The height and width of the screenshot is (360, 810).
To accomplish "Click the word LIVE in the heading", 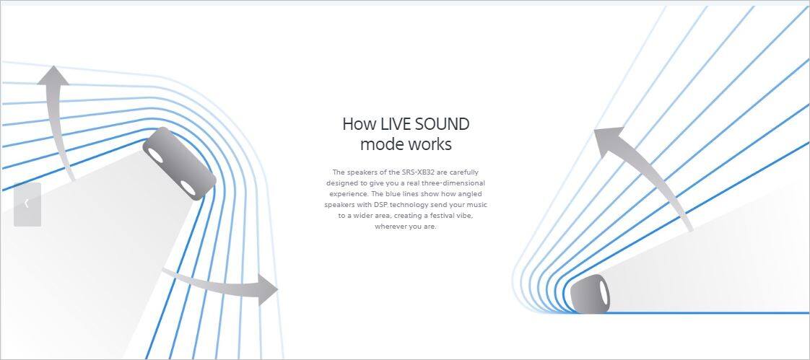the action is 393,125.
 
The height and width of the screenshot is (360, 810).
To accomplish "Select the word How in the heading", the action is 359,125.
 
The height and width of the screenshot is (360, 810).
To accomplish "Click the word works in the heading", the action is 430,144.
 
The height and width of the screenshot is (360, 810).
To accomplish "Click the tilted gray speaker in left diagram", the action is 179,163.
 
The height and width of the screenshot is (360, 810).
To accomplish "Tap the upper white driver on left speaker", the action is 155,154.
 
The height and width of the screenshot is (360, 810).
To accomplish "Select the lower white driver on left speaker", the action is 188,188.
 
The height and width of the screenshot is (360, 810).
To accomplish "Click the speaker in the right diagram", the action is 591,294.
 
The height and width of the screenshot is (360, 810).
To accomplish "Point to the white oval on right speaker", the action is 603,294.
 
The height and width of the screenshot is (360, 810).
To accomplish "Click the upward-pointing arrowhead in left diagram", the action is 53,76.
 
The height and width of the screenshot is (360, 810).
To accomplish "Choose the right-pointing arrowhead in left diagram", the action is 268,290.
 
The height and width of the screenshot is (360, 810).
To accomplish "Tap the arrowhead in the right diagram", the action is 608,141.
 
